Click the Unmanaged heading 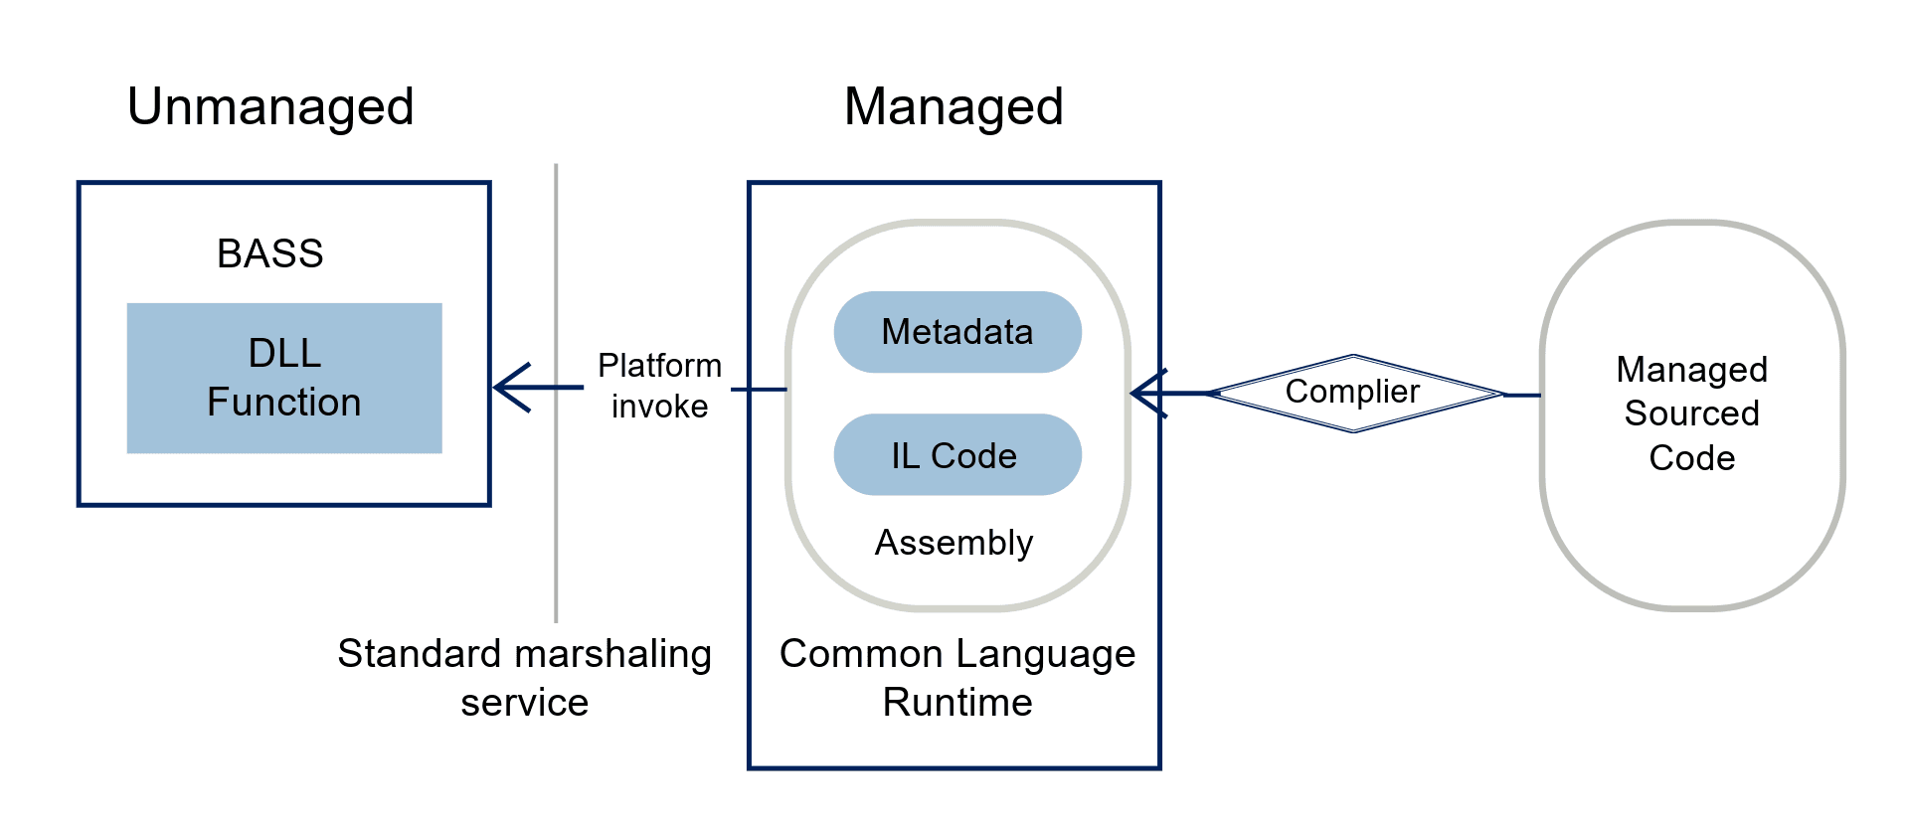pos(270,106)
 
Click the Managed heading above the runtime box pos(954,106)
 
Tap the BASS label pos(270,253)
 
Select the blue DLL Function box pos(284,378)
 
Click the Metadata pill pos(956,332)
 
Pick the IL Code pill pos(956,455)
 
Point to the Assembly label pos(954,543)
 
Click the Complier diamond pos(1352,393)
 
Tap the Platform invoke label pos(659,386)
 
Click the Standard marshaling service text pos(524,678)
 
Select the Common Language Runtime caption pos(956,678)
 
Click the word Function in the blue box pos(284,403)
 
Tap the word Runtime pos(956,703)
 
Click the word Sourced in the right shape pos(1692,413)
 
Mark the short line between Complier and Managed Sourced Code pos(1523,395)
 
